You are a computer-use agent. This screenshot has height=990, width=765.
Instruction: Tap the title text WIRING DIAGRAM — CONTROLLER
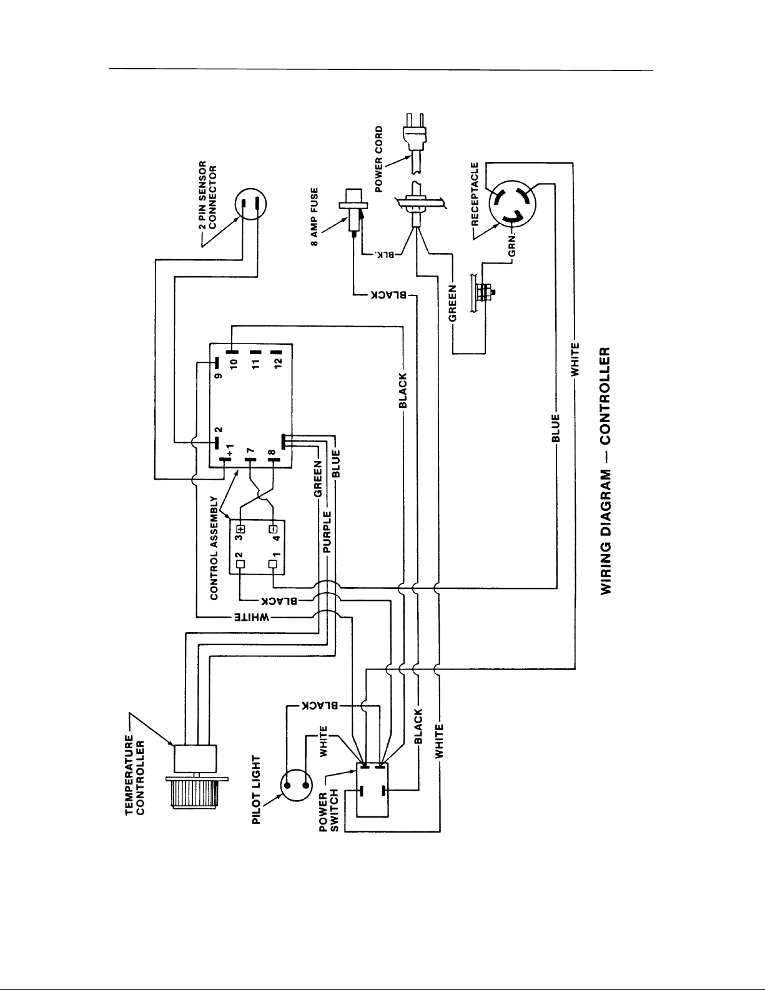pyautogui.click(x=606, y=471)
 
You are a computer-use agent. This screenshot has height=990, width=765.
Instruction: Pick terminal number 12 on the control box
pyautogui.click(x=279, y=362)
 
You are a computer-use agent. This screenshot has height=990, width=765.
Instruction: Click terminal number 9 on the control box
pyautogui.click(x=218, y=376)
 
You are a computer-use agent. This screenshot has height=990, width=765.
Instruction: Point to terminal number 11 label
pyautogui.click(x=255, y=363)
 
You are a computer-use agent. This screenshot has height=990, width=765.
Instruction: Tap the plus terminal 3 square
pyautogui.click(x=241, y=529)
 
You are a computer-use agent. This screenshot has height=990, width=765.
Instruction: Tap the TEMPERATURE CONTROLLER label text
pyautogui.click(x=135, y=775)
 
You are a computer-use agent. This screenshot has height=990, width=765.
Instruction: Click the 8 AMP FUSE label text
pyautogui.click(x=314, y=217)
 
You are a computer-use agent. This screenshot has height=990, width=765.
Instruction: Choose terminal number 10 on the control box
pyautogui.click(x=234, y=363)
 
